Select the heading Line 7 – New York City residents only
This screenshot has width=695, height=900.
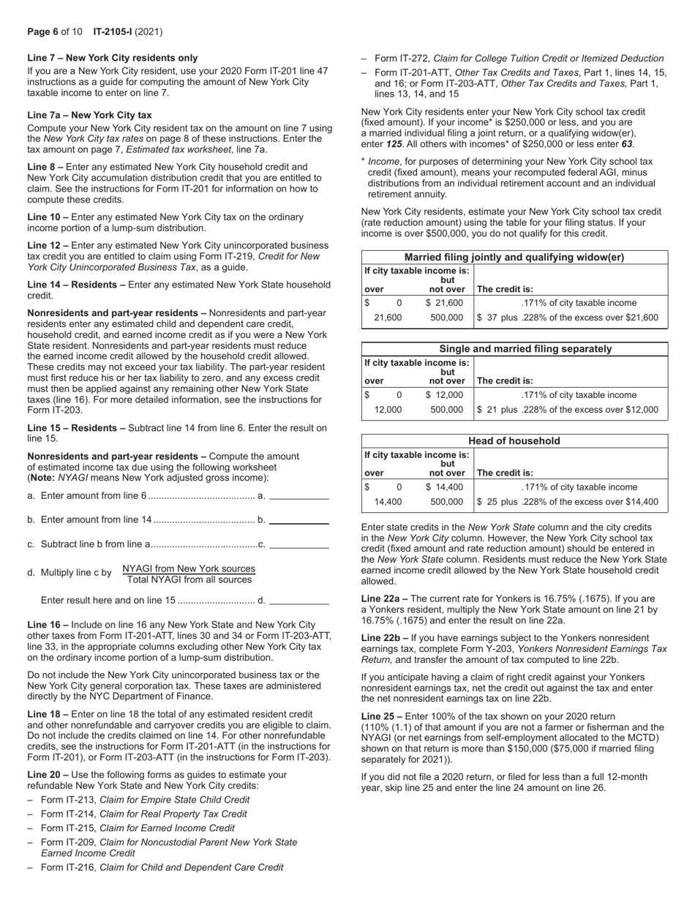pyautogui.click(x=112, y=58)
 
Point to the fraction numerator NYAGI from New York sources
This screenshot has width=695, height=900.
pyautogui.click(x=189, y=569)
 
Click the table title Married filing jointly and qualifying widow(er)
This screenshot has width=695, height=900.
pyautogui.click(x=514, y=258)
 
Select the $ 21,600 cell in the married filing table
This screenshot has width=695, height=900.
pyautogui.click(x=444, y=303)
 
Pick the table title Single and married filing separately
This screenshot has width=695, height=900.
pyautogui.click(x=514, y=349)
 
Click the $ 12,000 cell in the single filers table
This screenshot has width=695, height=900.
pyautogui.click(x=444, y=395)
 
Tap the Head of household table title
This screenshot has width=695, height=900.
pyautogui.click(x=514, y=441)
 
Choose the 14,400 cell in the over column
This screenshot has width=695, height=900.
pyautogui.click(x=388, y=502)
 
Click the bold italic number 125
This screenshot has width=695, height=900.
pyautogui.click(x=396, y=145)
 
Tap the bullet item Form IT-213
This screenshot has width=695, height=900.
pyautogui.click(x=145, y=800)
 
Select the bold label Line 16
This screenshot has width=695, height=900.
pyautogui.click(x=48, y=625)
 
